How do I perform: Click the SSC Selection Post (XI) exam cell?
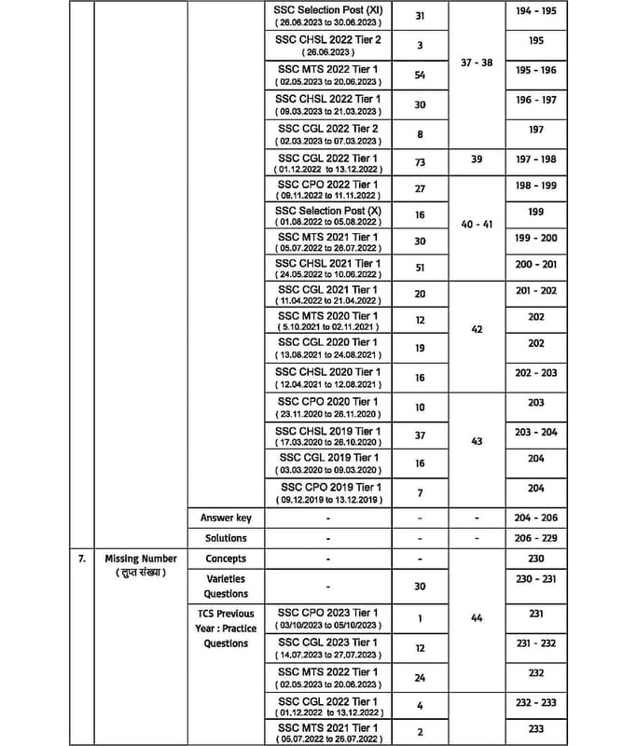(327, 16)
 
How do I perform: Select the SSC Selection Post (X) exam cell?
(327, 218)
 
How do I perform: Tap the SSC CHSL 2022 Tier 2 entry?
(327, 45)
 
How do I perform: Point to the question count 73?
(419, 161)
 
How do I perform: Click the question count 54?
(419, 75)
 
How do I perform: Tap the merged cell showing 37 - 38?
(477, 63)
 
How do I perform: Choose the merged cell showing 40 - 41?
(477, 224)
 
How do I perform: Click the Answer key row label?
(226, 518)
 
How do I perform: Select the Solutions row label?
(226, 538)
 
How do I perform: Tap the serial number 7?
(81, 559)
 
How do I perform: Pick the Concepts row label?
(226, 559)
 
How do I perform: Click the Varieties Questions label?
(226, 586)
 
